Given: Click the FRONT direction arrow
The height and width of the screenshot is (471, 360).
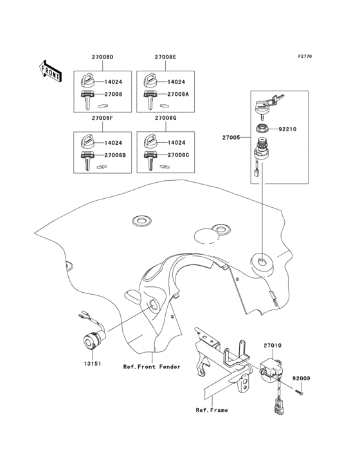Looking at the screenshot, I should coord(51,70).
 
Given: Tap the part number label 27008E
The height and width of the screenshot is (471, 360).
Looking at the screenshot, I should coord(165,58).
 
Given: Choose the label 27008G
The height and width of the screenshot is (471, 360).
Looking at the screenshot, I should coord(165,118).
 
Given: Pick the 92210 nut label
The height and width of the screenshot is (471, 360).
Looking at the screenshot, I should coord(288,129).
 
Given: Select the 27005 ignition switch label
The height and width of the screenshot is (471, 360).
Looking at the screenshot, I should coord(231,138).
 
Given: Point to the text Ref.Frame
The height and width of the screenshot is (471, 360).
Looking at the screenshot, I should coord(212,409).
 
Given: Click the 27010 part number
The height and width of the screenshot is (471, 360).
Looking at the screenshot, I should coord(272,346).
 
